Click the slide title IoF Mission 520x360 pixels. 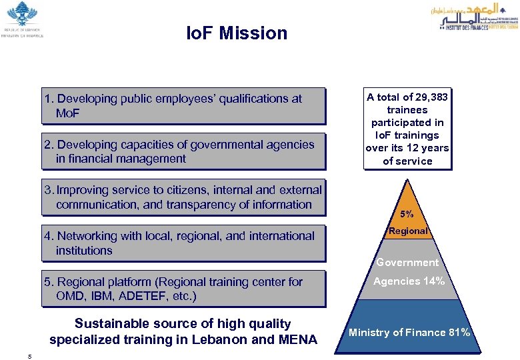[x=237, y=33]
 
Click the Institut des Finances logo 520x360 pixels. [x=478, y=16]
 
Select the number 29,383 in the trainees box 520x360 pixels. [x=430, y=97]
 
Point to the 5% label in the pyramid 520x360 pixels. [x=407, y=215]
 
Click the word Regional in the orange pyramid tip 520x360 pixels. [x=408, y=231]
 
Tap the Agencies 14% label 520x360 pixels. [x=409, y=281]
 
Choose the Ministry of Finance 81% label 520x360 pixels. [x=409, y=333]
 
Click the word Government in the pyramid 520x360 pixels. [x=407, y=263]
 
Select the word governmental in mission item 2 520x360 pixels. [x=229, y=145]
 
